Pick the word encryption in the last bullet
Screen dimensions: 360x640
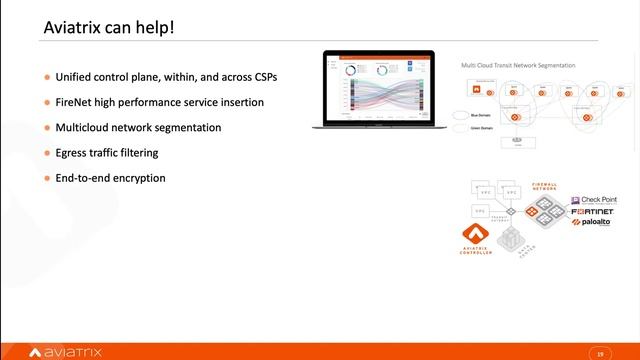pyautogui.click(x=141, y=178)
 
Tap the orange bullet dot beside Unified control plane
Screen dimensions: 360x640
pyautogui.click(x=46, y=77)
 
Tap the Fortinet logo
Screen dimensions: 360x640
pyautogui.click(x=595, y=212)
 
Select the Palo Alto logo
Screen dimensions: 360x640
pyautogui.click(x=593, y=223)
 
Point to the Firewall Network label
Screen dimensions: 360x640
pyautogui.click(x=543, y=187)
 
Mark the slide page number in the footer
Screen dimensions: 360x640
pyautogui.click(x=600, y=352)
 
